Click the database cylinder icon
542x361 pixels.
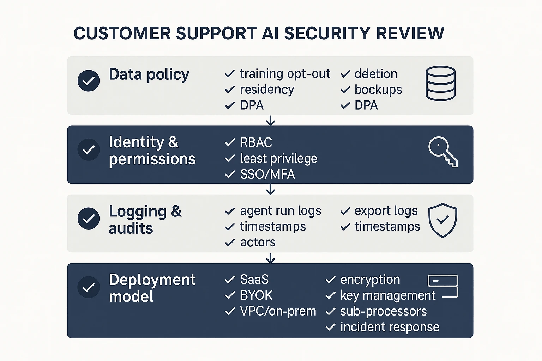pos(440,84)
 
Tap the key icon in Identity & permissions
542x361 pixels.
pos(443,152)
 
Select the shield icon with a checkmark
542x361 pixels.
pos(442,220)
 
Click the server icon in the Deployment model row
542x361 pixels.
pos(443,286)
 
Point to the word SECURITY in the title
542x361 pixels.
pos(327,33)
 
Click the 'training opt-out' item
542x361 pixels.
pos(285,74)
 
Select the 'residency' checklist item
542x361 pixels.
pos(267,90)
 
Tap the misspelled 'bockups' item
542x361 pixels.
pos(378,90)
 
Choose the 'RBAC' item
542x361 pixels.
pos(256,142)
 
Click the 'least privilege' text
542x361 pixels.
pos(278,159)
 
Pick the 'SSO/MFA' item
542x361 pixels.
pos(267,174)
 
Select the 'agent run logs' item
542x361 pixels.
pos(281,211)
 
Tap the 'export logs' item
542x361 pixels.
pos(386,211)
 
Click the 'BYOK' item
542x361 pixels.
pos(256,295)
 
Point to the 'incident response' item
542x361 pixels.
pos(390,327)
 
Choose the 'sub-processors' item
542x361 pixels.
pos(383,311)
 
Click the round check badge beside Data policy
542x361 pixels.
pos(89,81)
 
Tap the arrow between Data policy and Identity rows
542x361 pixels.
pos(270,120)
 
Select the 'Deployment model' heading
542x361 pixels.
pos(152,288)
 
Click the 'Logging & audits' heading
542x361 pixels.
pos(145,220)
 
